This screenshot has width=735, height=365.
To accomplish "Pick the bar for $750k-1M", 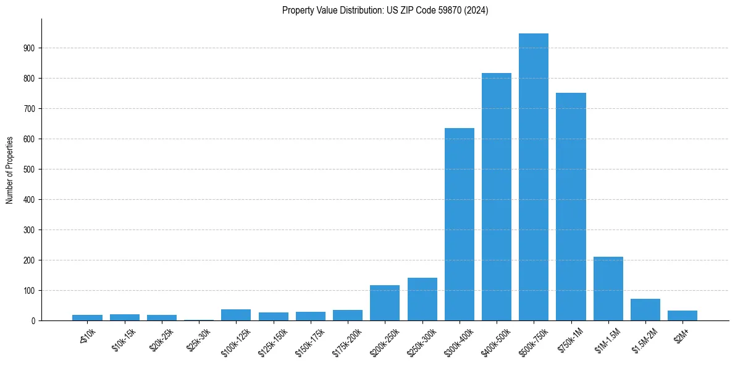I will [571, 207].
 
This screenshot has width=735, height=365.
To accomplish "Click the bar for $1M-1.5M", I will [608, 288].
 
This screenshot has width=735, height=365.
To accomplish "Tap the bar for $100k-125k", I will [236, 315].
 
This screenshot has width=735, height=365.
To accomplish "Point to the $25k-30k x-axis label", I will [199, 340].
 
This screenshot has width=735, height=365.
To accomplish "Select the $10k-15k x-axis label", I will [125, 340].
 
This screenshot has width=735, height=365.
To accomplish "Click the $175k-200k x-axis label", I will [347, 341].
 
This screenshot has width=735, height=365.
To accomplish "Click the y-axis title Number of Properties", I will [10, 170].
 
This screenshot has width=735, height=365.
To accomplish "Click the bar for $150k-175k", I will [311, 316].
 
